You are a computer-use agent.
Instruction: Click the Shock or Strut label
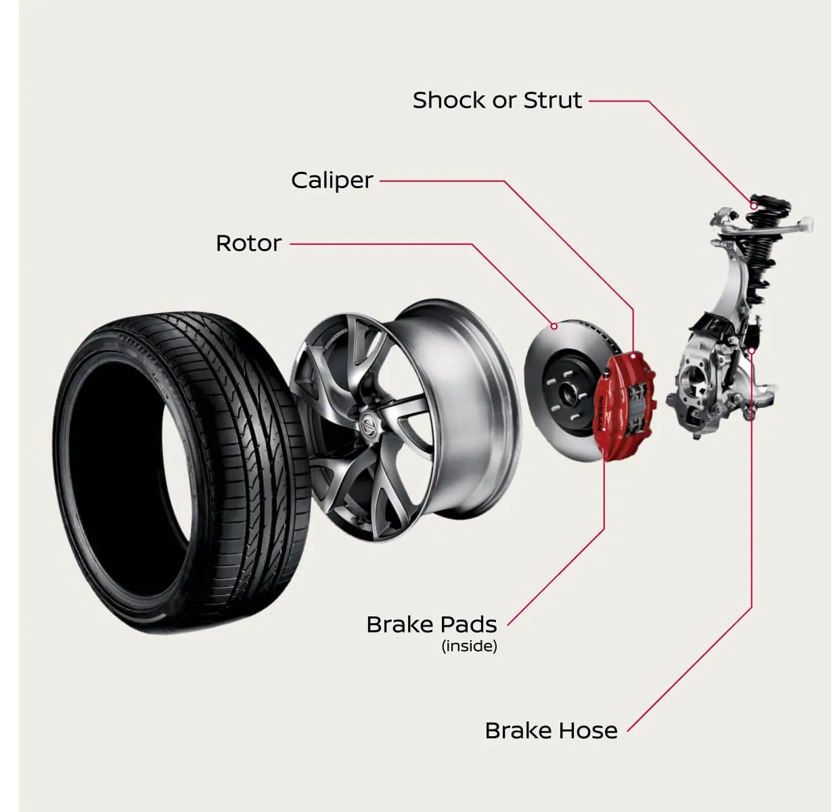pos(497,100)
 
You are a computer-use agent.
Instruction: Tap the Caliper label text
pos(332,181)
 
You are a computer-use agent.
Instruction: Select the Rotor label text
pos(248,243)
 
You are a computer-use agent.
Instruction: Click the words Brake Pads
pos(431,624)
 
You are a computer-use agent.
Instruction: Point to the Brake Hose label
pos(551,731)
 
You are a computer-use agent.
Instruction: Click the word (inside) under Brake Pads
pos(469,646)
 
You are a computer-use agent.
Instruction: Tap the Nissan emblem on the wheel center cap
pos(369,426)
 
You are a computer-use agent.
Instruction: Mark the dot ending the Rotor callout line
pos(554,326)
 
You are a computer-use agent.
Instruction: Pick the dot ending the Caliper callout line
pos(634,354)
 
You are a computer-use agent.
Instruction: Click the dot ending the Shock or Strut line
pos(753,205)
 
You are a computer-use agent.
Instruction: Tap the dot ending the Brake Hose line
pos(752,350)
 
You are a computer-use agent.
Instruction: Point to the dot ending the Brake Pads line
pos(604,429)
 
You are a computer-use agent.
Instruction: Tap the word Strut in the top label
pos(553,100)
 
